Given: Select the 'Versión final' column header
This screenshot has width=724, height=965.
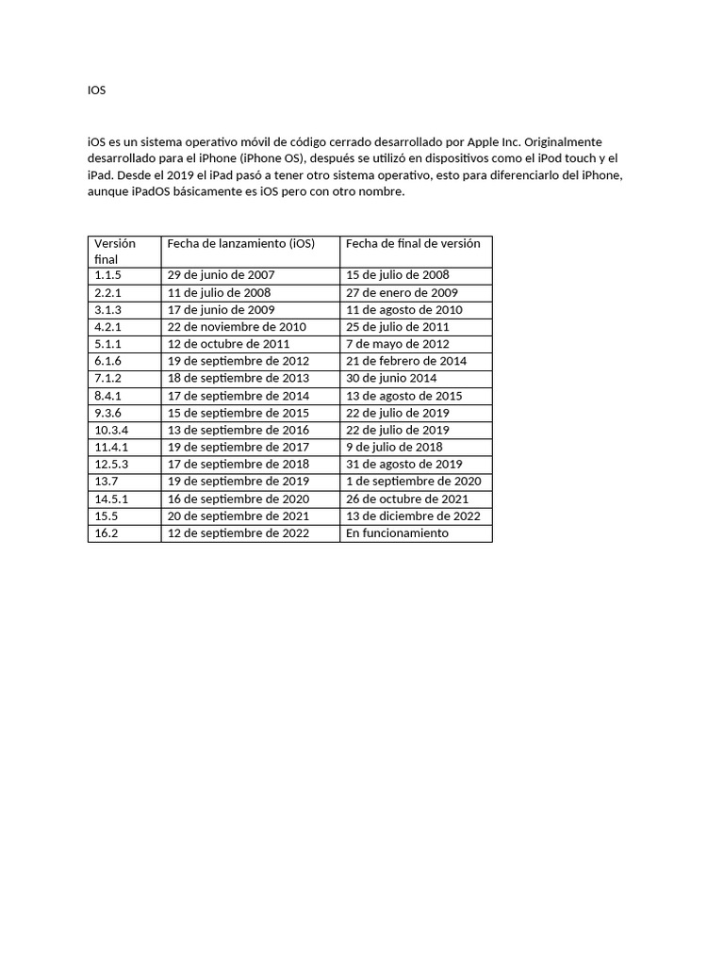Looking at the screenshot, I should (115, 251).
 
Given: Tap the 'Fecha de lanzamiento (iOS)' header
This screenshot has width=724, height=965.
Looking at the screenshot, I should (240, 243).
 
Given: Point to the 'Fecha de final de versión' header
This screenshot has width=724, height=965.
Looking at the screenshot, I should (413, 243).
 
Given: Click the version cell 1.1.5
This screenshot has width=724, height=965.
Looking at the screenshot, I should (107, 275).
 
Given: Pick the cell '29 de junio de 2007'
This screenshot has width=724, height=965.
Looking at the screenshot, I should (221, 275).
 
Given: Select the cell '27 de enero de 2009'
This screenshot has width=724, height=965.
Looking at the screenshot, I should (402, 292).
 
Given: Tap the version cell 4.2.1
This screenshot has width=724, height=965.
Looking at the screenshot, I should (107, 327).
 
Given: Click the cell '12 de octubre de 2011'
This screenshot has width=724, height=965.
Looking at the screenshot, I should (228, 344).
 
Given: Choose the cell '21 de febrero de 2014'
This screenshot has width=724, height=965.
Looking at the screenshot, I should (405, 361).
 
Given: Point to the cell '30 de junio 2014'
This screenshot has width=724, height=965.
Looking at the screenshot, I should (390, 378).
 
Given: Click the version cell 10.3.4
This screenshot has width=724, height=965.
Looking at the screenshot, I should (111, 430).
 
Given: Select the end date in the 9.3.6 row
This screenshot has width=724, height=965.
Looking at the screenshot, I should (397, 413).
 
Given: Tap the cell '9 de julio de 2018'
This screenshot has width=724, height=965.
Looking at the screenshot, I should (394, 447).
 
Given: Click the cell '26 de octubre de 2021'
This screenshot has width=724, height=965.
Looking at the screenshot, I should (407, 499).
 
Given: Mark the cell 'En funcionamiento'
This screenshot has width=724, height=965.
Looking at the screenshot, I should (397, 533).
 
